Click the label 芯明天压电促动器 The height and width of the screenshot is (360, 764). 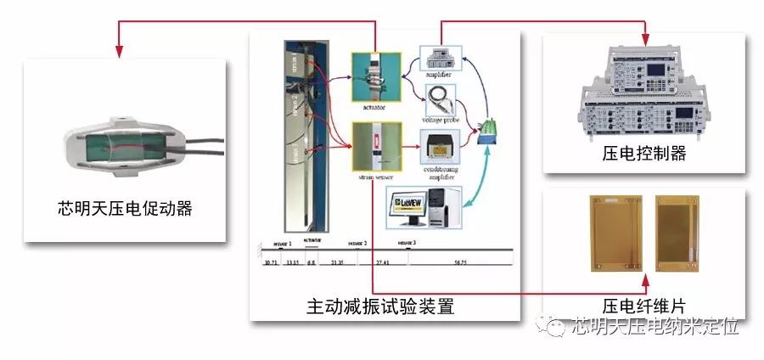point(120,207)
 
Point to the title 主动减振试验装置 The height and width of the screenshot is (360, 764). point(380,307)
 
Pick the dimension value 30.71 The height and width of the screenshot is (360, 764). point(272,263)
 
